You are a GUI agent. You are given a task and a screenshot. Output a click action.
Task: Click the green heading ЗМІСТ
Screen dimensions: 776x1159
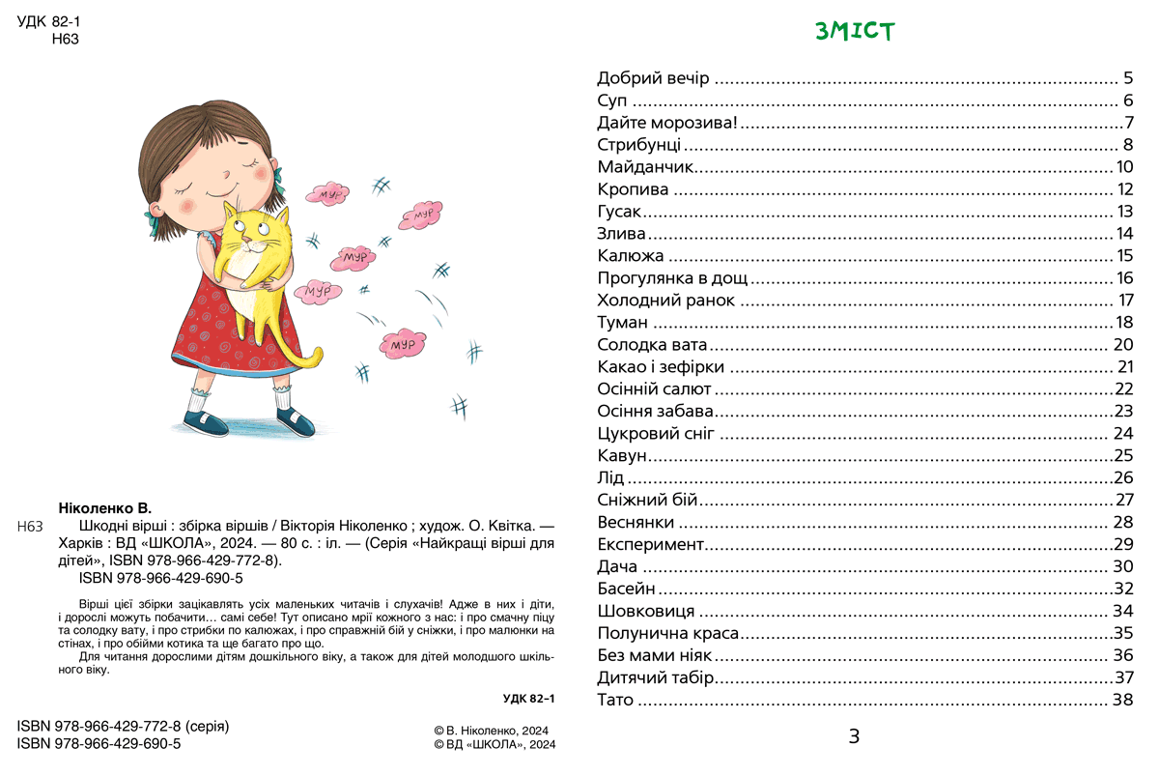(x=855, y=32)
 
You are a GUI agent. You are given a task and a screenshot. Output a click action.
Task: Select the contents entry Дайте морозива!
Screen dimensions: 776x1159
(x=667, y=123)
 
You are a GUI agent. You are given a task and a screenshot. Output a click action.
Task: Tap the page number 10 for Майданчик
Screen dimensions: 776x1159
(x=1124, y=167)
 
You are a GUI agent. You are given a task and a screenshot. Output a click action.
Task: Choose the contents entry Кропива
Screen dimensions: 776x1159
(x=633, y=189)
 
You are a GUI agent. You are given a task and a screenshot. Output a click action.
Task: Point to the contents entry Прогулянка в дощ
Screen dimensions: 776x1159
(x=673, y=278)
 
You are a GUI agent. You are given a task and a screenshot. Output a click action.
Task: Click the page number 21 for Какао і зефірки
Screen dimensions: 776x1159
(x=1124, y=367)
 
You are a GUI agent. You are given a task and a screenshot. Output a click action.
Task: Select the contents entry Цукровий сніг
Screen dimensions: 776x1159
(x=656, y=433)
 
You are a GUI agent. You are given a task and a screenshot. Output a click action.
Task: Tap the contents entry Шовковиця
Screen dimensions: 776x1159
(x=646, y=611)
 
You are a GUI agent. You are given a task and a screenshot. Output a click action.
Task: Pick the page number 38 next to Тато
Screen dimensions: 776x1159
(x=1122, y=700)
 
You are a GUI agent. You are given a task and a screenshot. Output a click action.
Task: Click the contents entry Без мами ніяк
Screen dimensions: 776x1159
(x=654, y=655)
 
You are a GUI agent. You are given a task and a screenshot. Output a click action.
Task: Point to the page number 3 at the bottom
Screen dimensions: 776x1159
(x=854, y=737)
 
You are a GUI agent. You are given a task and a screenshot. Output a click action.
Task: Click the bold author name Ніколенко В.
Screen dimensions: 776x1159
(x=105, y=508)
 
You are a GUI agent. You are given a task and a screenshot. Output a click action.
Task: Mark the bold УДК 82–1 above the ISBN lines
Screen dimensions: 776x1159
(x=530, y=698)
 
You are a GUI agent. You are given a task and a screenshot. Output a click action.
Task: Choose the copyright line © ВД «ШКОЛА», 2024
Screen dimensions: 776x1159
(x=495, y=745)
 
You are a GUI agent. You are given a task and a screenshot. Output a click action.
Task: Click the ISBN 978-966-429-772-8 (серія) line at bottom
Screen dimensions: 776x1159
(x=124, y=726)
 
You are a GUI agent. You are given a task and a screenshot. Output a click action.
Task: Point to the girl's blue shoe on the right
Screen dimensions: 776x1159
(x=295, y=421)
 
